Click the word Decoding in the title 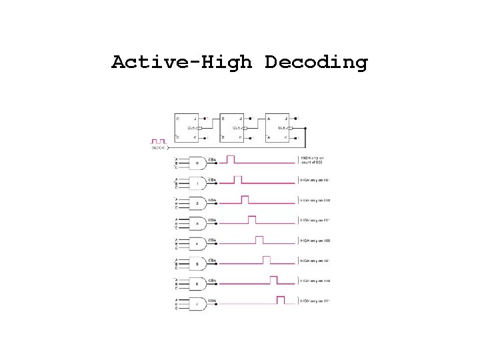coord(316,63)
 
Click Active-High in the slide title coord(182,63)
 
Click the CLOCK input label coord(158,148)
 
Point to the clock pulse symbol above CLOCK coord(158,141)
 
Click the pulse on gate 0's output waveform coord(231,159)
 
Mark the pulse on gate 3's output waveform coord(252,220)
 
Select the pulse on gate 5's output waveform coord(267,260)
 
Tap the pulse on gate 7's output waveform coord(281,301)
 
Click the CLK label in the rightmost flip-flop coord(282,127)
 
